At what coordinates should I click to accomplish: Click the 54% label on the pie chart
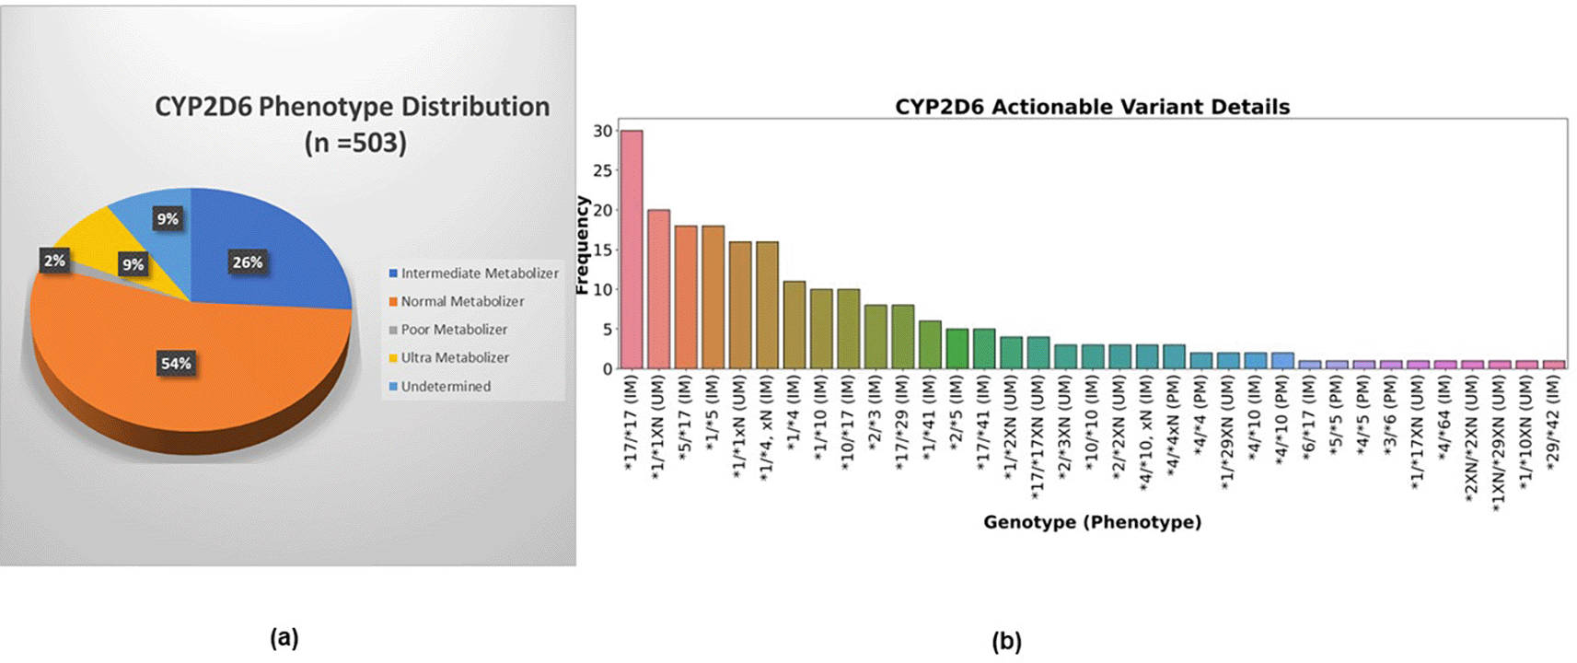coord(176,364)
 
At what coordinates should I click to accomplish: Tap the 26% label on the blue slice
coord(248,262)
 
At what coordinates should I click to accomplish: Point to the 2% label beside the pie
coord(54,261)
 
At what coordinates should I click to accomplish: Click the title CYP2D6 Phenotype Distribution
coord(352,107)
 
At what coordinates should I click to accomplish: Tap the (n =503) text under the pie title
coord(355,143)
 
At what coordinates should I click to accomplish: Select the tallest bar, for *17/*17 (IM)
coord(632,249)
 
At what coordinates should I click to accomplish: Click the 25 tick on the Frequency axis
coord(602,170)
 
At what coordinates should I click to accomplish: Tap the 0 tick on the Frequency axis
coord(607,368)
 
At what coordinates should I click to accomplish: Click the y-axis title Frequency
coord(582,245)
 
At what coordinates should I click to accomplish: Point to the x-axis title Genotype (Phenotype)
coord(1092,522)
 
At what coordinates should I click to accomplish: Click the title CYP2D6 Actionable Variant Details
coord(1092,107)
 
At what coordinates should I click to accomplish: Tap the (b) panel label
coord(1006,641)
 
